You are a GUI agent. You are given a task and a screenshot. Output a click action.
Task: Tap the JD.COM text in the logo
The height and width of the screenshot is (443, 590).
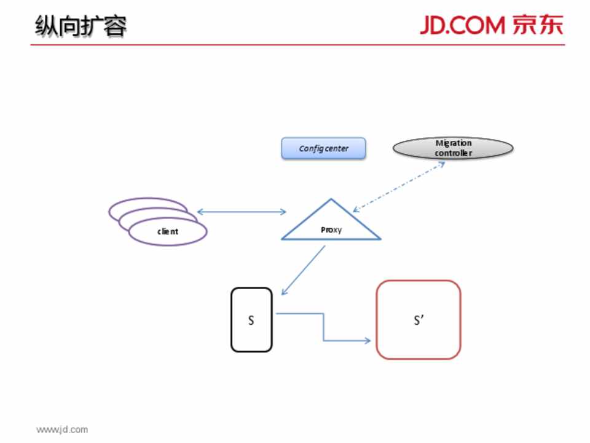coord(462,26)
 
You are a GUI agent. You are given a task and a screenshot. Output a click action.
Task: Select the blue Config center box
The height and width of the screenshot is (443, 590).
coord(323,148)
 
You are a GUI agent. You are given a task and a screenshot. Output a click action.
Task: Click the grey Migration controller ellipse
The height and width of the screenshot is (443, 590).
coord(453,148)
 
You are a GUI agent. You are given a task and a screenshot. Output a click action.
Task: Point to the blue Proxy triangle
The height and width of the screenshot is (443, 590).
coord(331,223)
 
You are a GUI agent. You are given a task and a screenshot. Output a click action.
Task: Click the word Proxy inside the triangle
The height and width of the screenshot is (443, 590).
coord(331,230)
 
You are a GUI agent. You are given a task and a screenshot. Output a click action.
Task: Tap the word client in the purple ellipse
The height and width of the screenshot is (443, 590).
coord(168,232)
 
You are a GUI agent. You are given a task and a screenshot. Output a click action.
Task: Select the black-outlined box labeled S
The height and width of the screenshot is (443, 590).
coord(251,320)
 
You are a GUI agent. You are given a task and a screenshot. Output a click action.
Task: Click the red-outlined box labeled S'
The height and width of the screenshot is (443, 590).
coord(419,320)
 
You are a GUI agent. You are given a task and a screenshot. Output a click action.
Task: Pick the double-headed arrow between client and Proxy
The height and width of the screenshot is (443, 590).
coord(242,212)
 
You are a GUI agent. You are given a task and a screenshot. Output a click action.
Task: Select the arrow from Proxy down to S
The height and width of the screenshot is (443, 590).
coord(303,271)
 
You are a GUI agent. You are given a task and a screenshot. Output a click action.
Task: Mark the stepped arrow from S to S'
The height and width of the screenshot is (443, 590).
coord(324,327)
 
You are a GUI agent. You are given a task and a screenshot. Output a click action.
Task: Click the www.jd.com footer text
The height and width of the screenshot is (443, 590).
coord(61,429)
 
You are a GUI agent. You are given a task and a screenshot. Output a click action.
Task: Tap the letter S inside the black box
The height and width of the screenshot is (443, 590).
coord(251,321)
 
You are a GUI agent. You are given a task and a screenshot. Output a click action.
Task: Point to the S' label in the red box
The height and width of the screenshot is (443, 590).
coord(419,321)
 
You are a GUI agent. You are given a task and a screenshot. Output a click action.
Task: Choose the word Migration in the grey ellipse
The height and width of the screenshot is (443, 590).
coord(454,143)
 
